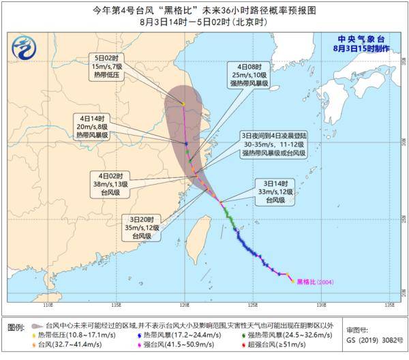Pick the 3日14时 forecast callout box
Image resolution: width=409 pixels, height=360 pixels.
pos(275,192)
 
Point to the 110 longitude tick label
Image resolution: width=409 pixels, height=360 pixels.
pos(47,305)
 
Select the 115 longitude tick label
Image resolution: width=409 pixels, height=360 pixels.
pos(116,305)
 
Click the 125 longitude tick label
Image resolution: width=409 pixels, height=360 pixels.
pos(253,305)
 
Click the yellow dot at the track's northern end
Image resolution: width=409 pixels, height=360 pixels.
pos(183,104)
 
